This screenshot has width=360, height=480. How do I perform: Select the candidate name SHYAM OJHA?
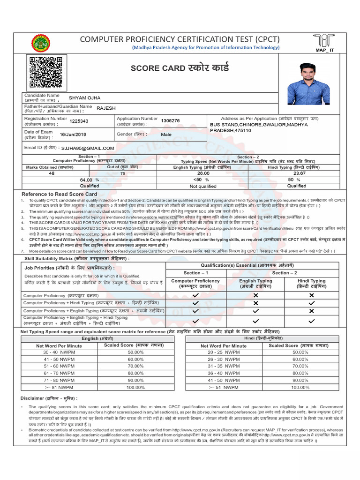point(85,98)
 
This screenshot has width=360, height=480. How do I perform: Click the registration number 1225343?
point(79,121)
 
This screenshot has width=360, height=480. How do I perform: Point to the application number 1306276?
point(170,120)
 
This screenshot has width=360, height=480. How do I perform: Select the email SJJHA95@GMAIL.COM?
point(88,148)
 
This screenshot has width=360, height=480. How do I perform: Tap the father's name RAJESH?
point(106,108)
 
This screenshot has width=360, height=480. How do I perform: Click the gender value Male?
point(166,135)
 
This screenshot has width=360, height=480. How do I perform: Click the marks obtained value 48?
point(52,173)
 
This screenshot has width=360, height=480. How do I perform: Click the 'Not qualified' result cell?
point(202,186)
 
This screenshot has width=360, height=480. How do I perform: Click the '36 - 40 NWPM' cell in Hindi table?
point(223,374)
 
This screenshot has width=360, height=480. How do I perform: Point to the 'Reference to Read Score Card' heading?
point(60,194)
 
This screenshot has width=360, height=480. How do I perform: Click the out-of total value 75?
point(123,173)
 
